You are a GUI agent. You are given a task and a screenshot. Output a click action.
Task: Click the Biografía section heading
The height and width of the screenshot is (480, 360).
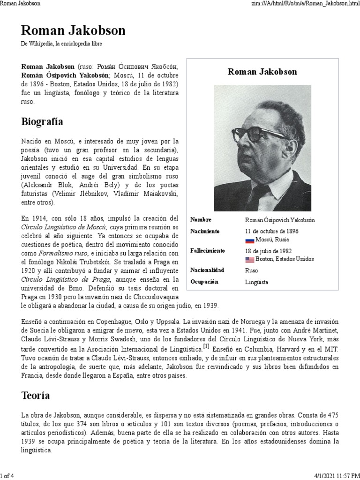[42, 122]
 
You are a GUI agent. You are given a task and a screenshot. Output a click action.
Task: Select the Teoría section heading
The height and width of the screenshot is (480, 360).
[36, 396]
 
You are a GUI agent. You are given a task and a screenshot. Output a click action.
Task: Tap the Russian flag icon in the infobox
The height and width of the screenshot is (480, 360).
[249, 240]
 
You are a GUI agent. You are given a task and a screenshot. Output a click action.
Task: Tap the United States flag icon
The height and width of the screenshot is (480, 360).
[249, 259]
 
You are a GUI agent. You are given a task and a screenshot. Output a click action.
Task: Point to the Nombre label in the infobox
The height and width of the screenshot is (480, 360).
[201, 220]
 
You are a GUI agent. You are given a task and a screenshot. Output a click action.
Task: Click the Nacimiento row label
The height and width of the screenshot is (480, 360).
[205, 232]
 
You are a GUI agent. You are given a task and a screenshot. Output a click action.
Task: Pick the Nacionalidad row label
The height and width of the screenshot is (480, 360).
[208, 270]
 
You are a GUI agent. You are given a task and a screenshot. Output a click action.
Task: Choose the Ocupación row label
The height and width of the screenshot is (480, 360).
[205, 282]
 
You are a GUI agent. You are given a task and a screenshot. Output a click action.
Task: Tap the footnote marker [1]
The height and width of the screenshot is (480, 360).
[206, 346]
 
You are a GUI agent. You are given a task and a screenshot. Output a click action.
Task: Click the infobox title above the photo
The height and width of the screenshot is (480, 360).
[262, 72]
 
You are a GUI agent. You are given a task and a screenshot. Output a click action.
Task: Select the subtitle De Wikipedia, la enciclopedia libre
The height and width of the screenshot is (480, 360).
[61, 44]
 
